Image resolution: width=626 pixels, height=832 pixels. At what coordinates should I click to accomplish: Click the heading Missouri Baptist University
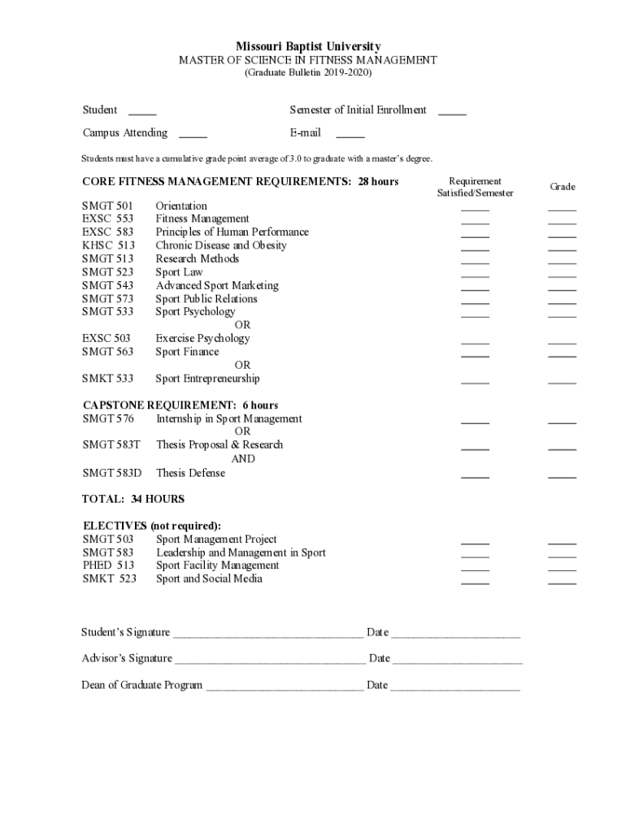click(x=308, y=47)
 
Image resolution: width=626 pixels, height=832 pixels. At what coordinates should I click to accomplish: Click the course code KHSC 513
click(x=108, y=245)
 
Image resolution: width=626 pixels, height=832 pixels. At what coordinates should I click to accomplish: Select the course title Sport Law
click(x=179, y=272)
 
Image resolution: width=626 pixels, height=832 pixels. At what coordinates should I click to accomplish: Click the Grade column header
click(x=563, y=187)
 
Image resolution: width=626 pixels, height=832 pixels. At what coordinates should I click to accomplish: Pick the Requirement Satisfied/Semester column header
click(x=476, y=187)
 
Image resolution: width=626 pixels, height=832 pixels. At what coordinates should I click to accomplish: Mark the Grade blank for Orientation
click(x=562, y=210)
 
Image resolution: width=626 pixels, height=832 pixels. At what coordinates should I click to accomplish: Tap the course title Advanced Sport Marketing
click(x=217, y=285)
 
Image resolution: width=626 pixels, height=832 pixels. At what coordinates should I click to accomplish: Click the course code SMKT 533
click(x=107, y=379)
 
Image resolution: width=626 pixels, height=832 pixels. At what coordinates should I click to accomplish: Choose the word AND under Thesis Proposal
click(x=243, y=458)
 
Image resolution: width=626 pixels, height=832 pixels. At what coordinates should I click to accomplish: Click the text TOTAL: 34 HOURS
click(x=133, y=499)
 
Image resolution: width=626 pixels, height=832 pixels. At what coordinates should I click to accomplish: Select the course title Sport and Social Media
click(x=209, y=578)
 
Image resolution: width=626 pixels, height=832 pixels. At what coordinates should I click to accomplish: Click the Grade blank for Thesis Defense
click(x=562, y=476)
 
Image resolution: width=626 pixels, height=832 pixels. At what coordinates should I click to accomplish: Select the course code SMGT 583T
click(x=111, y=445)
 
